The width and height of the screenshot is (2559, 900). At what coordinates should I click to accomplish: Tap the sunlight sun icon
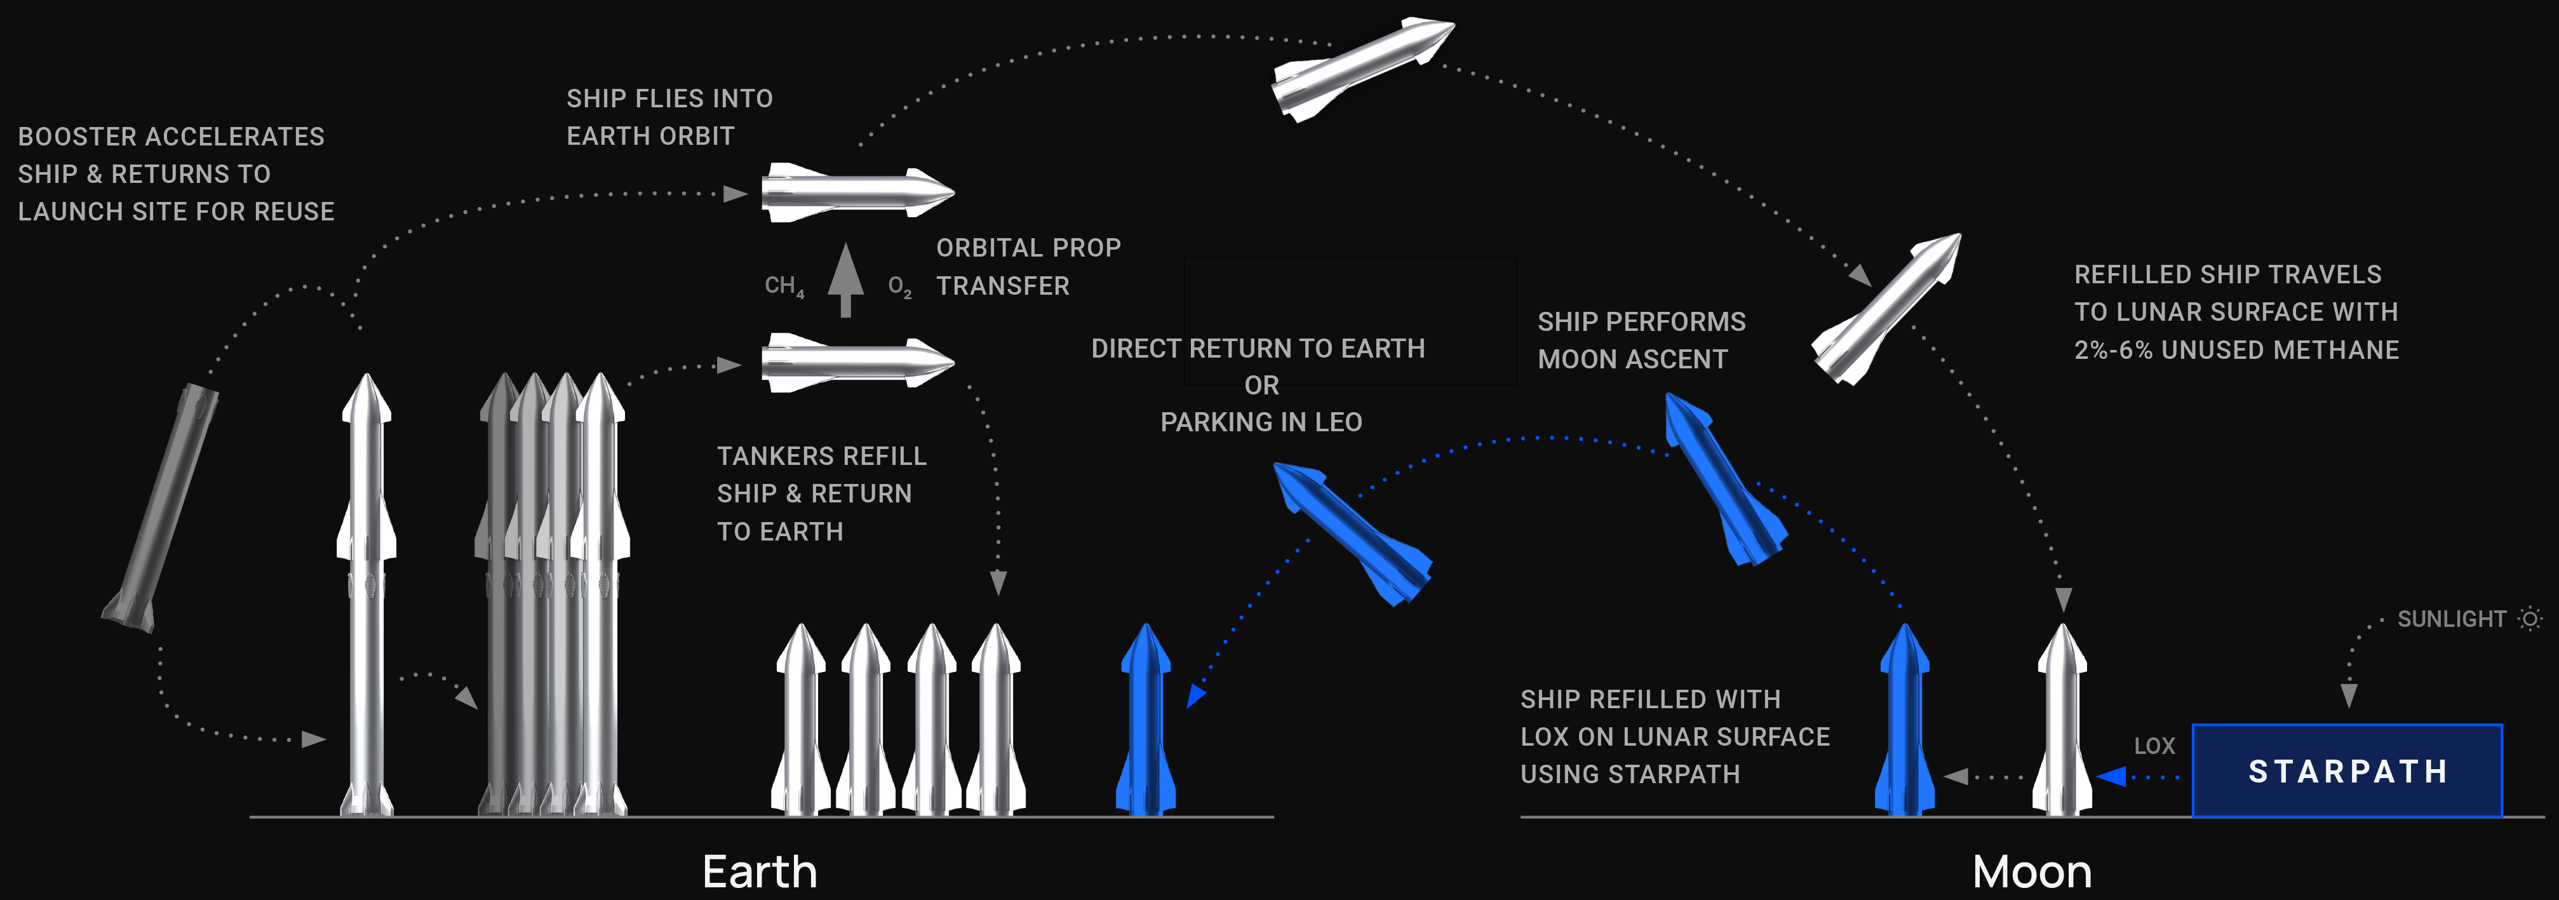click(2530, 619)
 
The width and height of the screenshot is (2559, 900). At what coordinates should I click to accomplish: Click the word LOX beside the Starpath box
click(2154, 746)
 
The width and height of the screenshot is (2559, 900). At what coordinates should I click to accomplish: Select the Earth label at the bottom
click(760, 872)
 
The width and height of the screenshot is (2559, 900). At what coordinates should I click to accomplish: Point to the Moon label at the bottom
click(2031, 872)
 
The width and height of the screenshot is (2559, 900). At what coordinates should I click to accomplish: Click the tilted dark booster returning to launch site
click(161, 507)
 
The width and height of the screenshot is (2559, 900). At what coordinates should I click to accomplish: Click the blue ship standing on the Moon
click(1904, 720)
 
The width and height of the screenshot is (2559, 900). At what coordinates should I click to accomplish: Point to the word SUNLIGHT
click(2452, 619)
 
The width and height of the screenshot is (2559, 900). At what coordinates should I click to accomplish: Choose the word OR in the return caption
click(1261, 386)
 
